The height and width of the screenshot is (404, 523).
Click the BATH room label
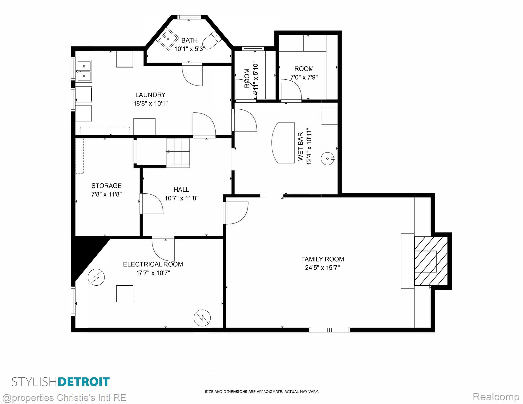tap(189, 40)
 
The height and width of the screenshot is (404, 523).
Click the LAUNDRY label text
tap(150, 95)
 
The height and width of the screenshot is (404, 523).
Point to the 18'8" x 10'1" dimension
tap(150, 103)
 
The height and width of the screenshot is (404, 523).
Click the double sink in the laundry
tap(84, 70)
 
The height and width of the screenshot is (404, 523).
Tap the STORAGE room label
tap(106, 186)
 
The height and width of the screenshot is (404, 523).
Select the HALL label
tap(181, 189)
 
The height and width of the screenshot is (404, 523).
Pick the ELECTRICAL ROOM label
tap(153, 264)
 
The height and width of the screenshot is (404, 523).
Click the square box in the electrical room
tap(125, 294)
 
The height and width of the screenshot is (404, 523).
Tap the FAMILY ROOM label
tap(322, 259)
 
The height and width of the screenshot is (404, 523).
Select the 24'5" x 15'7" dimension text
tap(322, 268)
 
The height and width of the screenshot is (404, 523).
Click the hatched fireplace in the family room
tap(431, 261)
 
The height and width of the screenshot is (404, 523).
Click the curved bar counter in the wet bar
tap(283, 143)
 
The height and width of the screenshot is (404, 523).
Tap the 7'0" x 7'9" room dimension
tap(304, 77)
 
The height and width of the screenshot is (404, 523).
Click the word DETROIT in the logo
tap(83, 382)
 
